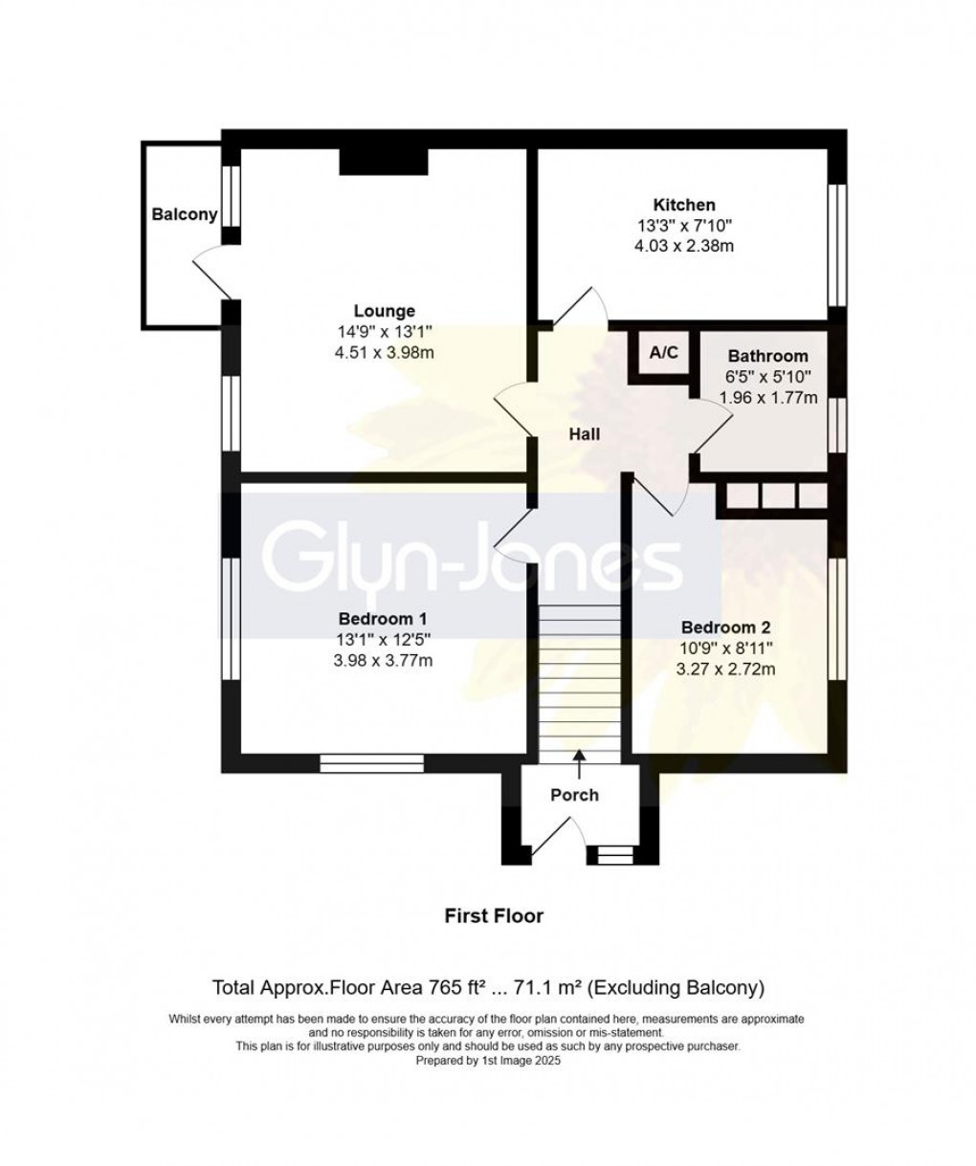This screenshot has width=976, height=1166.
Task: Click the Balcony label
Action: (x=185, y=214)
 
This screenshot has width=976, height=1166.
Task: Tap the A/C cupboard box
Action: (x=663, y=354)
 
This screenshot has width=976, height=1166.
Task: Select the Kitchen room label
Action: (x=683, y=205)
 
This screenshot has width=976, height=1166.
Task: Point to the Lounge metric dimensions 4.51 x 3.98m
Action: (x=385, y=353)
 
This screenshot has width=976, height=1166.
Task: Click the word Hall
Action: (x=584, y=434)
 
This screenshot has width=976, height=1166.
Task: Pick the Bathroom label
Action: (x=767, y=357)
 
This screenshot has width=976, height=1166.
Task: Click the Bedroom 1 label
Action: (x=384, y=617)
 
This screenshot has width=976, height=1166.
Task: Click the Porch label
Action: (x=574, y=795)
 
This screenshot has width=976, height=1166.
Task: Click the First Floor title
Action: (x=494, y=916)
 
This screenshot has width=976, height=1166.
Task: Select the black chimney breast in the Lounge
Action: (x=383, y=162)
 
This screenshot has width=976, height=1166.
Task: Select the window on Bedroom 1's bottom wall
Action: (x=372, y=762)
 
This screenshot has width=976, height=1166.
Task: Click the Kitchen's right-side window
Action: (x=838, y=244)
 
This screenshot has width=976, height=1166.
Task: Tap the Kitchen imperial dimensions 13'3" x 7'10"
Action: (x=683, y=226)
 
